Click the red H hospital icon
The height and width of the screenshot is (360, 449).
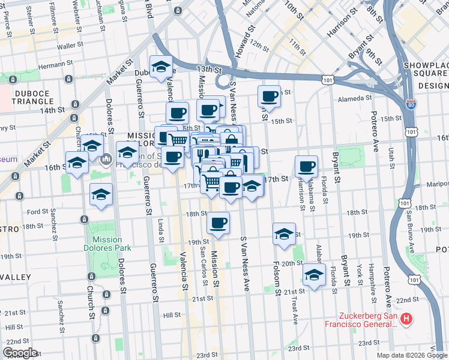(x=407, y=318)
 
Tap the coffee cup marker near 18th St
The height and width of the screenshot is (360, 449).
(x=218, y=223)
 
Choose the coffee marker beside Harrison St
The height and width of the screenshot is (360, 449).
(x=306, y=166)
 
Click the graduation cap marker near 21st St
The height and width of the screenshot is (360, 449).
(x=313, y=275)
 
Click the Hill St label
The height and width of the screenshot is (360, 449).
(x=172, y=314)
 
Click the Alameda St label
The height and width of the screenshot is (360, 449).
(x=351, y=98)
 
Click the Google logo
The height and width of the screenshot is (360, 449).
(x=20, y=352)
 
